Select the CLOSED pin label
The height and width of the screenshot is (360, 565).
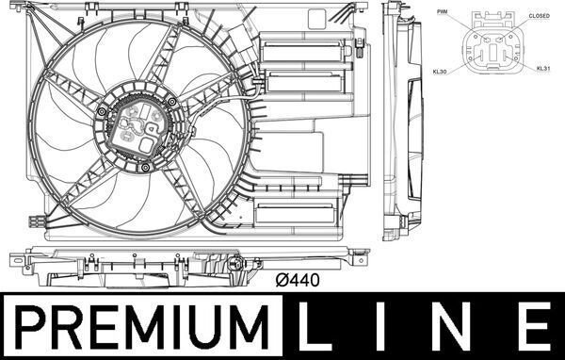[x=540, y=16]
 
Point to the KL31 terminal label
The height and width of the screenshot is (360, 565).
[x=543, y=69]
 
